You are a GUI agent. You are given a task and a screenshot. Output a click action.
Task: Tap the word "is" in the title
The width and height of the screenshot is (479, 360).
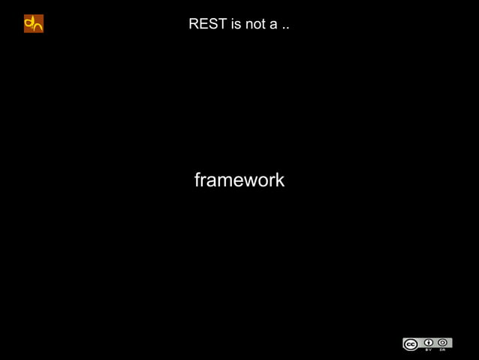(237, 25)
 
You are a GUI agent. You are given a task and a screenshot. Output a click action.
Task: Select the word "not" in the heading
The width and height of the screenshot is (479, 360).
(257, 25)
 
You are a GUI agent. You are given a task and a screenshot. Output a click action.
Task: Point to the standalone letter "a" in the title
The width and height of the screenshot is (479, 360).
(275, 26)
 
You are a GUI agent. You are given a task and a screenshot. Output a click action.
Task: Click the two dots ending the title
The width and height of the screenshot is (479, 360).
(286, 29)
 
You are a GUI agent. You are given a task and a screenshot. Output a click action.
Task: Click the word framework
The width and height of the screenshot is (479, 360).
(239, 180)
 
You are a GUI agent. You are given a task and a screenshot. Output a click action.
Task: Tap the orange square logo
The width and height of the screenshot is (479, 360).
(34, 23)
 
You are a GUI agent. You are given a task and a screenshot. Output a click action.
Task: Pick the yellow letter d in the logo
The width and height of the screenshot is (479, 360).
(29, 23)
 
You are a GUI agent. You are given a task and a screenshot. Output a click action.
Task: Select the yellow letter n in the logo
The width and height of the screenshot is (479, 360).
(38, 26)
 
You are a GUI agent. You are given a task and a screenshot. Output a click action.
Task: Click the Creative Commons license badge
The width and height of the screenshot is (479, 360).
(427, 344)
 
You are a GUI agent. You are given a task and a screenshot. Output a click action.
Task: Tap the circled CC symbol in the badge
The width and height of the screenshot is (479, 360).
(411, 345)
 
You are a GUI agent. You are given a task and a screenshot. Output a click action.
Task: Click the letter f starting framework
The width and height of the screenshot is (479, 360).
(197, 180)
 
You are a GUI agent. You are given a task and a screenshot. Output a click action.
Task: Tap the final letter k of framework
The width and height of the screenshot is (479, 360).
(279, 180)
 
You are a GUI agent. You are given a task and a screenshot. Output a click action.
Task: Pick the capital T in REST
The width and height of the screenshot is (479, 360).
(222, 25)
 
